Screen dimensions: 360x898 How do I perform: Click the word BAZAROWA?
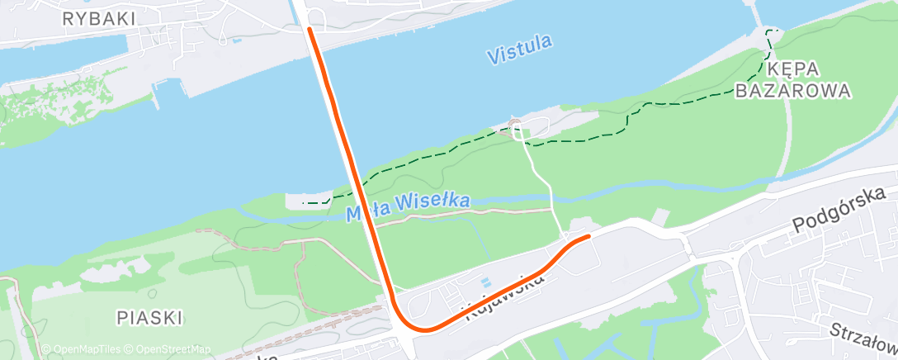click(792, 91)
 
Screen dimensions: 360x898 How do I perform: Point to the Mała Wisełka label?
click(408, 206)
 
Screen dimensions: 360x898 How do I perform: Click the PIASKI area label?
click(149, 317)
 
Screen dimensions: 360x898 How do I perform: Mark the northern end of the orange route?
click(310, 28)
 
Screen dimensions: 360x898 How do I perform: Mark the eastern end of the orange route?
click(588, 237)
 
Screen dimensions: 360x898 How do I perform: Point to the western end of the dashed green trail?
click(305, 202)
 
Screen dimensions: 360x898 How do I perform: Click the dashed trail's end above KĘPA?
click(771, 31)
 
